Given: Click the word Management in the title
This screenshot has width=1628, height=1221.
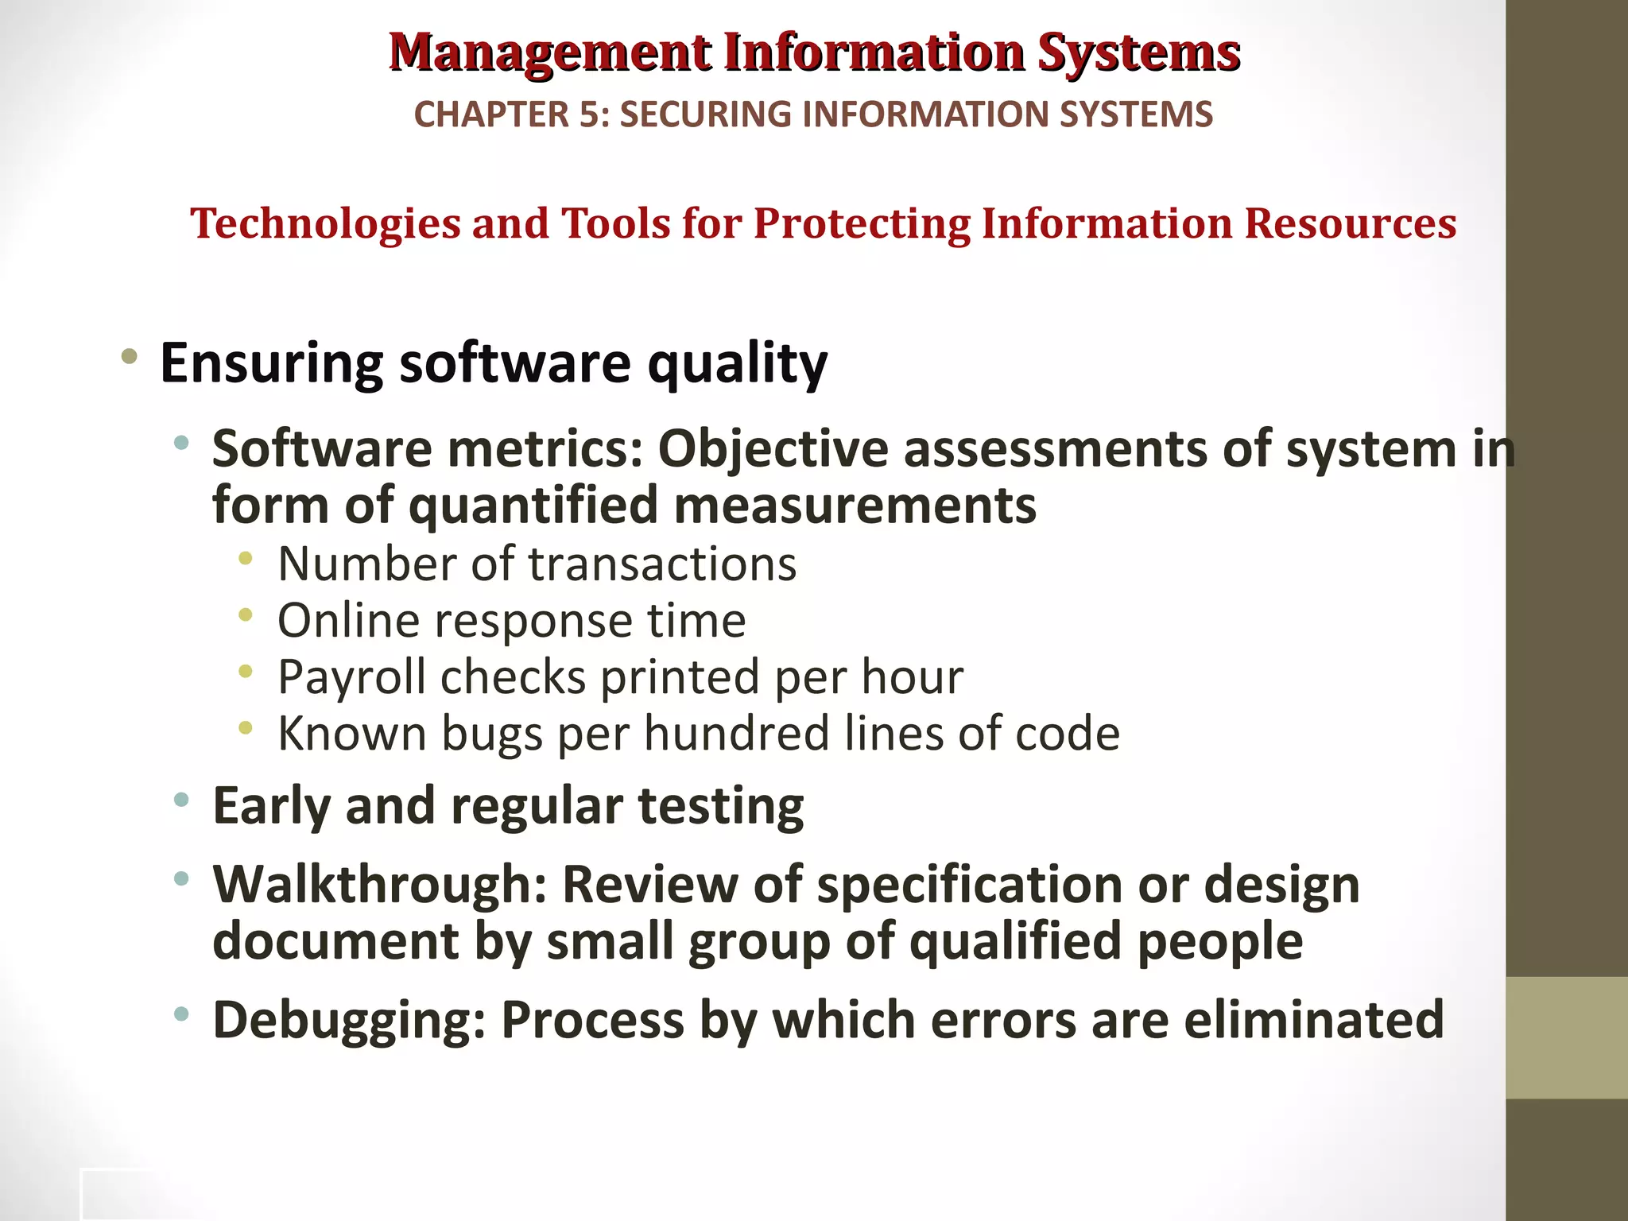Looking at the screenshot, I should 550,52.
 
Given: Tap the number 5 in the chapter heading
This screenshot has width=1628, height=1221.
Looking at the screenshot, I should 588,114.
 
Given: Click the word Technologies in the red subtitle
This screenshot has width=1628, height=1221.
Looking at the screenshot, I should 325,223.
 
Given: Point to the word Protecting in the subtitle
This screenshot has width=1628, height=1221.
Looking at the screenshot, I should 862,223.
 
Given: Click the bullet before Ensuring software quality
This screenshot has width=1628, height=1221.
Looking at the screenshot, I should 129,356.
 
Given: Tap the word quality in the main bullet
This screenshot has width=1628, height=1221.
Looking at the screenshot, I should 737,364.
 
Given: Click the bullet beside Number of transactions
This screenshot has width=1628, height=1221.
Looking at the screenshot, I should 246,559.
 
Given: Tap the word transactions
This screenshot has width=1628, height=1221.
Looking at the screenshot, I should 662,564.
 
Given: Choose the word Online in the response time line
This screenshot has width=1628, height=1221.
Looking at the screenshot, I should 348,621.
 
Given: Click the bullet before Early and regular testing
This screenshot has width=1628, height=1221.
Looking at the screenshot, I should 182,800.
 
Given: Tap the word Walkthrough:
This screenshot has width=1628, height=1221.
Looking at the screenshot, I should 379,885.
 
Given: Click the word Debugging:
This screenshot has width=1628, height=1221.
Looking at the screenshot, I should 349,1021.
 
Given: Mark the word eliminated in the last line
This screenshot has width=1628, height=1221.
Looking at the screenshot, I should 1313,1020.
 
